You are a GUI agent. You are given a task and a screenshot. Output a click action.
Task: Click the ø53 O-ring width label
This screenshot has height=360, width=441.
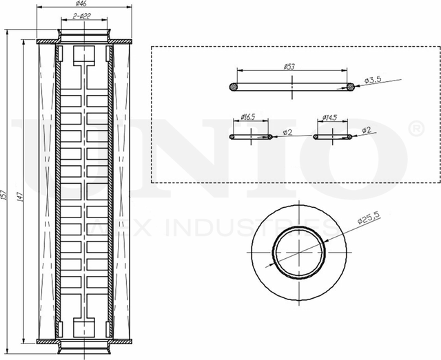tap(290, 67)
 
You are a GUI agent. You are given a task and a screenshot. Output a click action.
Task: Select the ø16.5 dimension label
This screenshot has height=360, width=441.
tap(248, 117)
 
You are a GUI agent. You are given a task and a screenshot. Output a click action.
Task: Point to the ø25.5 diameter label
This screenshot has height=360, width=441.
tap(369, 222)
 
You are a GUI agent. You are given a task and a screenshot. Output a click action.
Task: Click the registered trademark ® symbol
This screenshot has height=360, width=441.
tap(418, 129)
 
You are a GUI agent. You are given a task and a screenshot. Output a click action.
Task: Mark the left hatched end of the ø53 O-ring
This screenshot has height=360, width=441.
tap(234, 87)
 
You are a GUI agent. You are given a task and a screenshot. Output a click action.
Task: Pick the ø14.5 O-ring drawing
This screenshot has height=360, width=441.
tap(333, 137)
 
